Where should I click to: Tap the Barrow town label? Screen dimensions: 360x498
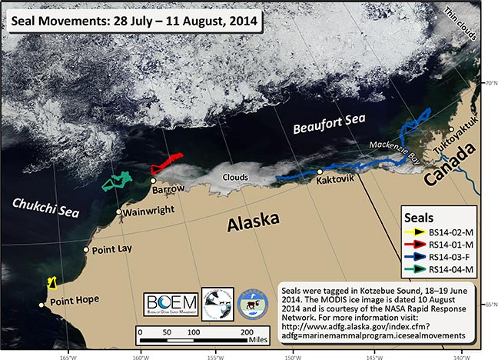pyautogui.click(x=168, y=188)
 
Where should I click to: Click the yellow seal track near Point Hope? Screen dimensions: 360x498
pyautogui.click(x=51, y=282)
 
